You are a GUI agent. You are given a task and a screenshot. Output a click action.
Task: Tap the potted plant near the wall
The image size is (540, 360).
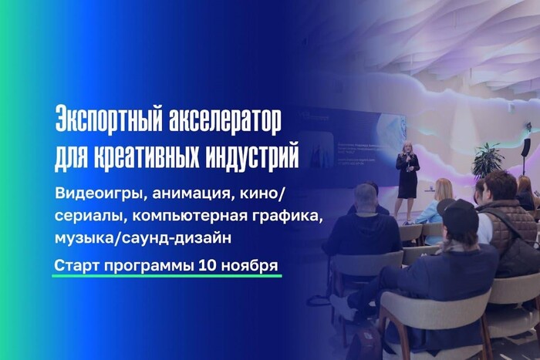click(x=487, y=160)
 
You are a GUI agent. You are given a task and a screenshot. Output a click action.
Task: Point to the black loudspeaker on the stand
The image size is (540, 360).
click(x=526, y=146)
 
